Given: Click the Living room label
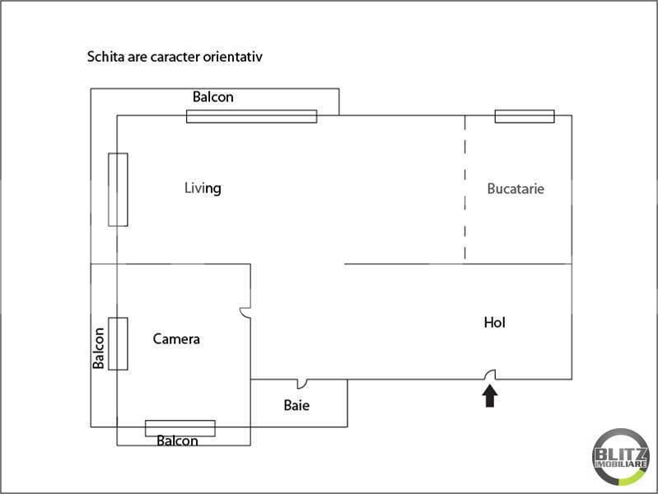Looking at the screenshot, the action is point(203,189).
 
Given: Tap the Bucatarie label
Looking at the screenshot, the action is point(516,189).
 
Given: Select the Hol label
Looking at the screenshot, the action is point(495,323).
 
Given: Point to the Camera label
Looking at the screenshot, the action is point(176,338).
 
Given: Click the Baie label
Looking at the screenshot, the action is point(296,405).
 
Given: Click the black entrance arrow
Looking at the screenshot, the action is point(490,396).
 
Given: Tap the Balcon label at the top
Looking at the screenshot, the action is point(213,97).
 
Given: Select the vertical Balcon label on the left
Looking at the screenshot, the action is point(98,348).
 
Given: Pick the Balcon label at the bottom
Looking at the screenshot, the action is point(177,440).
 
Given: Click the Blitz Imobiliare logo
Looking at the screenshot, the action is point(621,457).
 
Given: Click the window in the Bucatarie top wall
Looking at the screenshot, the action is point(525,116).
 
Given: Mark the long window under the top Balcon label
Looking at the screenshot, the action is point(251,116).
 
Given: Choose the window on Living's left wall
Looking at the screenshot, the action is point(118,189).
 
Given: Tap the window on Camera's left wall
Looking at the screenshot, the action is point(118,344).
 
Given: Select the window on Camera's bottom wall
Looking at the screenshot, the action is point(180,428).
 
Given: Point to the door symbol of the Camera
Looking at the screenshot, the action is point(245,313).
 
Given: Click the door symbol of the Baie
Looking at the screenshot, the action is point(302,384).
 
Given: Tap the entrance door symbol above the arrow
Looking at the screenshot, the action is point(490,375).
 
